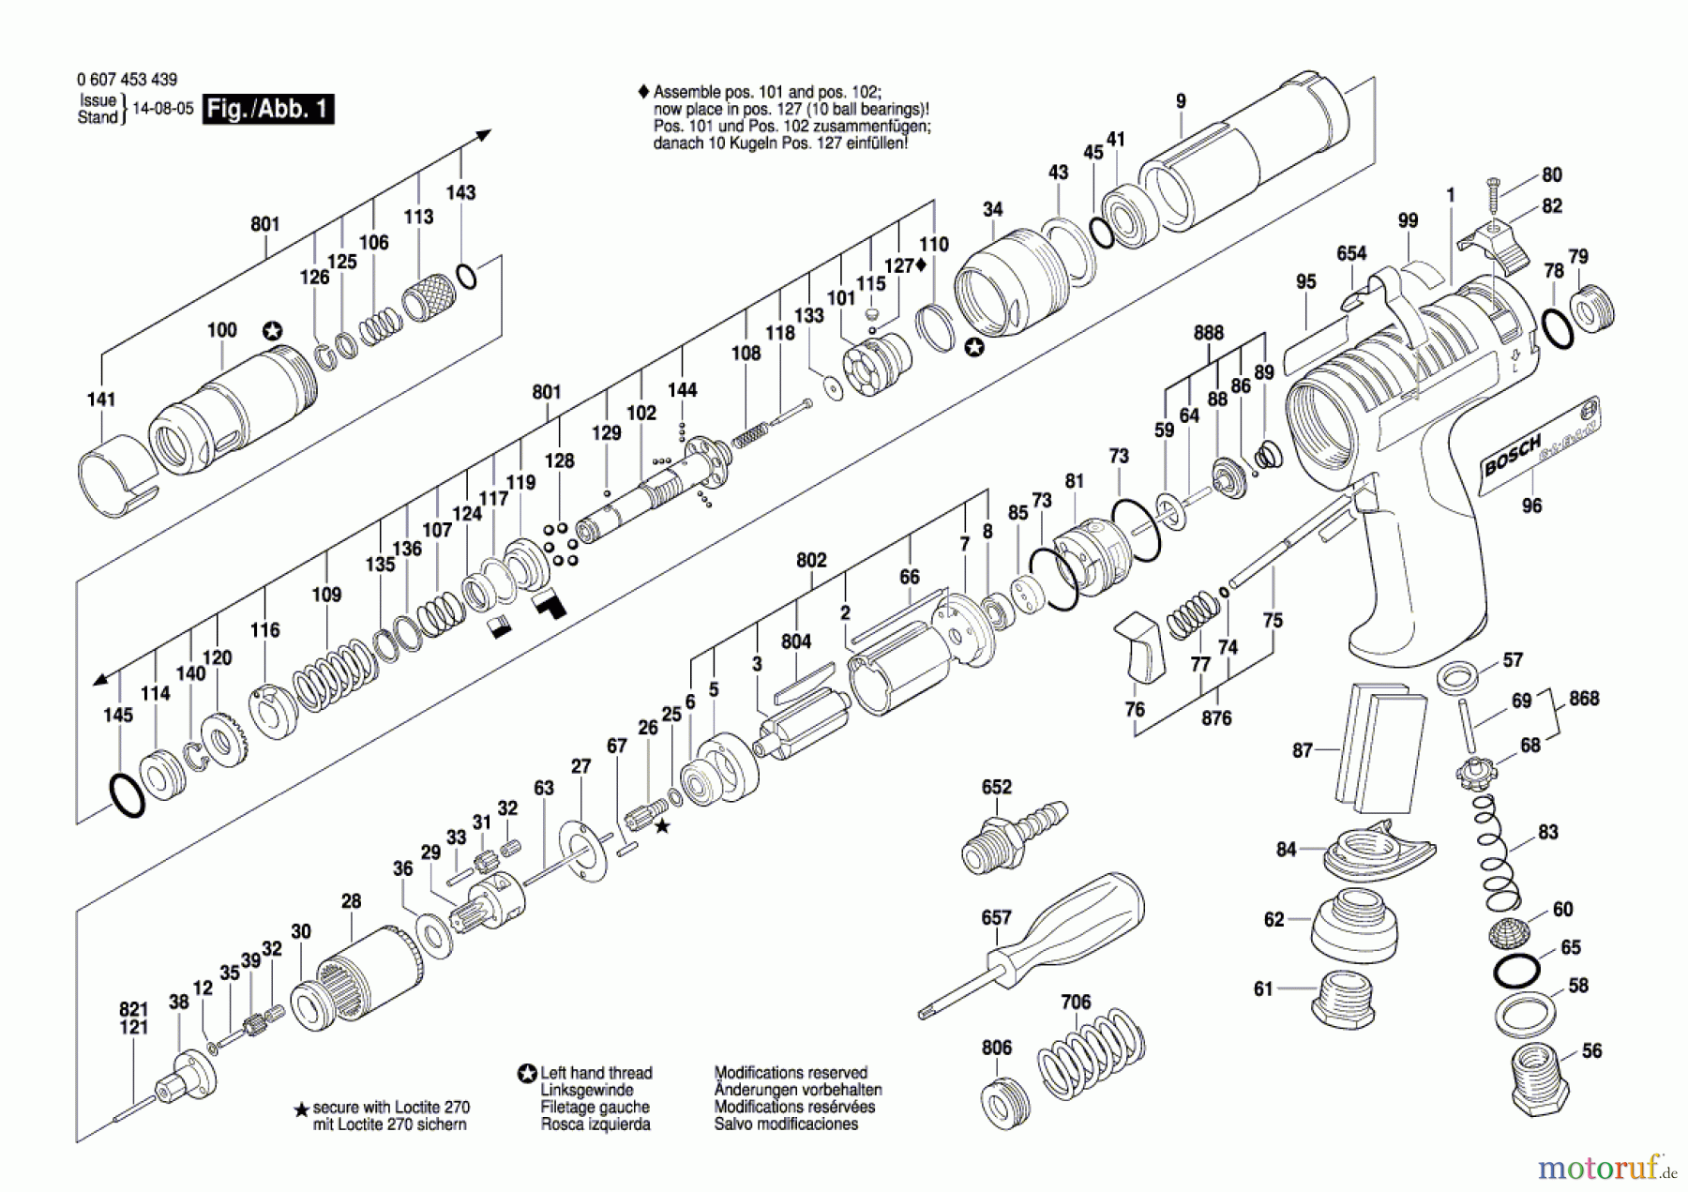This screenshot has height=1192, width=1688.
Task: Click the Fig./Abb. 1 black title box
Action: [x=268, y=109]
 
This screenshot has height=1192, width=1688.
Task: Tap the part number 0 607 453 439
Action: [x=127, y=80]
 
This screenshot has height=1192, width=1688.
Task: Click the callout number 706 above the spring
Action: [x=1076, y=1002]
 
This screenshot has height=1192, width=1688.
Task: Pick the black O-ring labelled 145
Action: [x=127, y=795]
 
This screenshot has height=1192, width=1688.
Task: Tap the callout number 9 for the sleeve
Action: [x=1181, y=101]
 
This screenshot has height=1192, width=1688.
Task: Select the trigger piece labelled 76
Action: [x=1139, y=646]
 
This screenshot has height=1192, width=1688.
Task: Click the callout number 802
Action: [x=811, y=560]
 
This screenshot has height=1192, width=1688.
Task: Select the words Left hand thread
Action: [x=595, y=1073]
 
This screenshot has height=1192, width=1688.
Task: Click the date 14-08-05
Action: [x=163, y=109]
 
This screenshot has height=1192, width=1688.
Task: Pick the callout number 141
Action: [x=100, y=400]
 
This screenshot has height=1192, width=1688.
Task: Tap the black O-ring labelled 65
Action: [x=1516, y=971]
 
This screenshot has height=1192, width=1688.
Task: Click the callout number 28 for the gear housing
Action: [x=351, y=901]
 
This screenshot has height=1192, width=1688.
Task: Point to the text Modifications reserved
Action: [x=791, y=1073]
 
